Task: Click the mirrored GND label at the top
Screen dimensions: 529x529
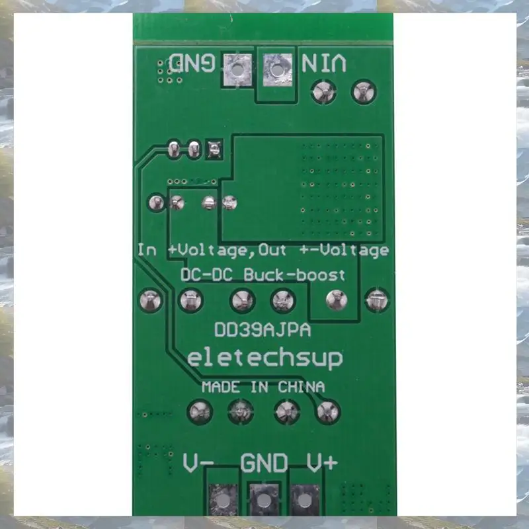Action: click(x=192, y=63)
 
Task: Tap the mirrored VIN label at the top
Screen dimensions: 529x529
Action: click(x=323, y=63)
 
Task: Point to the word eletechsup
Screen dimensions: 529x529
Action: click(x=264, y=358)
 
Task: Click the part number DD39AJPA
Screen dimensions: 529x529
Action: click(x=263, y=329)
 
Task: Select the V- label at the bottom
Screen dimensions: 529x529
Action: click(x=198, y=463)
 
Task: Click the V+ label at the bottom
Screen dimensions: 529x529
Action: click(x=322, y=463)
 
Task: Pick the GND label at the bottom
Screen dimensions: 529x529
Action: click(x=264, y=463)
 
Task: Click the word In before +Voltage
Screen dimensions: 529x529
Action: click(x=147, y=250)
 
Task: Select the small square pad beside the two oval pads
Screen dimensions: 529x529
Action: click(x=213, y=149)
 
